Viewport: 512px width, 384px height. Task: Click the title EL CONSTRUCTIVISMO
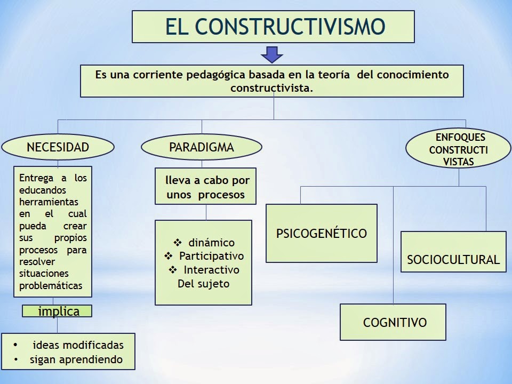(x=274, y=27)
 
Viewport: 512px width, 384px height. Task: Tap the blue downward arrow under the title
(x=272, y=54)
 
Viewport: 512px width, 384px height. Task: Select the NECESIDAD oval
(x=58, y=147)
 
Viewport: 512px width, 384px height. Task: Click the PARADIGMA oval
(x=201, y=147)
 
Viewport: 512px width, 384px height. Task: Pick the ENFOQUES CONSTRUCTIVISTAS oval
(x=458, y=148)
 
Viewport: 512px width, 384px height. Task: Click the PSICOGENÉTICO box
(x=321, y=233)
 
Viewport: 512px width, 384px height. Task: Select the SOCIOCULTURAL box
(x=453, y=260)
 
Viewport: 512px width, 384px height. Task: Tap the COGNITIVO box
(x=395, y=322)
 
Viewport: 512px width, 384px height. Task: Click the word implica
(x=59, y=311)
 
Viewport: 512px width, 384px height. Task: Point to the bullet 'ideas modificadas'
(x=78, y=345)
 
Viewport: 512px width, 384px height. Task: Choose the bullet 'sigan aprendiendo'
(x=76, y=359)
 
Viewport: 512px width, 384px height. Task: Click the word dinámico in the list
(x=211, y=243)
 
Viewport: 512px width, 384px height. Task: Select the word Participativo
(x=211, y=256)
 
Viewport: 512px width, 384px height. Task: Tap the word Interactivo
(x=211, y=270)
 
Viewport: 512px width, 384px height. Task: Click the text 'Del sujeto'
(x=203, y=283)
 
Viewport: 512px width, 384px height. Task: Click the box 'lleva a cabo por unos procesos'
(x=206, y=187)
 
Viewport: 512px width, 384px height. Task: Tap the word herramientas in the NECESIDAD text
(x=49, y=202)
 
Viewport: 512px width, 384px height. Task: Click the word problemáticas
(x=51, y=285)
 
